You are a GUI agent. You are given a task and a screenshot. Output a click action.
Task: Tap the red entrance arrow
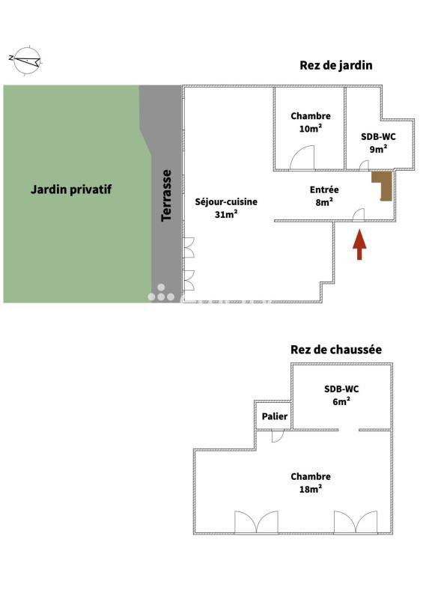pos(359,245)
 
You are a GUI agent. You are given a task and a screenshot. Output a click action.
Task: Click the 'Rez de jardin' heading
pos(336,66)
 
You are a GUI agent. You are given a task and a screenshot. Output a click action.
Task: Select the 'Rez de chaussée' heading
pos(336,350)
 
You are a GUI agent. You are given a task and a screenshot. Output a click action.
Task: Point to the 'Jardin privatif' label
pos(70,189)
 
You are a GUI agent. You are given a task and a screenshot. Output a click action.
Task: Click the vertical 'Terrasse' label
pos(167,195)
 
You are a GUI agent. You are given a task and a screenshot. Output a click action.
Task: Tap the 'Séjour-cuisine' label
pos(226,201)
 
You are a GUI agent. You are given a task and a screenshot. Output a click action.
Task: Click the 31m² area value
pos(226,215)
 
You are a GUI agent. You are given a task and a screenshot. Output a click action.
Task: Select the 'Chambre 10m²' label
pos(311,122)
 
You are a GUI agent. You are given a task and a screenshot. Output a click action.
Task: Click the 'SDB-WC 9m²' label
pos(378,142)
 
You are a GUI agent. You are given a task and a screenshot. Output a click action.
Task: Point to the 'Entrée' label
pos(324,190)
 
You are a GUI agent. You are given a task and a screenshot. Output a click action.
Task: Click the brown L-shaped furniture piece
pos(383,186)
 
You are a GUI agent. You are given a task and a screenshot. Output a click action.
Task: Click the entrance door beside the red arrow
pos(358,215)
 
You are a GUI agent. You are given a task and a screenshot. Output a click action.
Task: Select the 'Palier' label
pos(273,417)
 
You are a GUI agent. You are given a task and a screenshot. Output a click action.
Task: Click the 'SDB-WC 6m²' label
pos(341,395)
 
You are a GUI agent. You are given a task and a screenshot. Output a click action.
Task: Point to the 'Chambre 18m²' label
pos(311,483)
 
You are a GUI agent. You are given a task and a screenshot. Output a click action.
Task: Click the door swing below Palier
pos(277,435)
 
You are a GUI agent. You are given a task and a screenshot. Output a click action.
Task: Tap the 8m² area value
pos(324,201)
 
